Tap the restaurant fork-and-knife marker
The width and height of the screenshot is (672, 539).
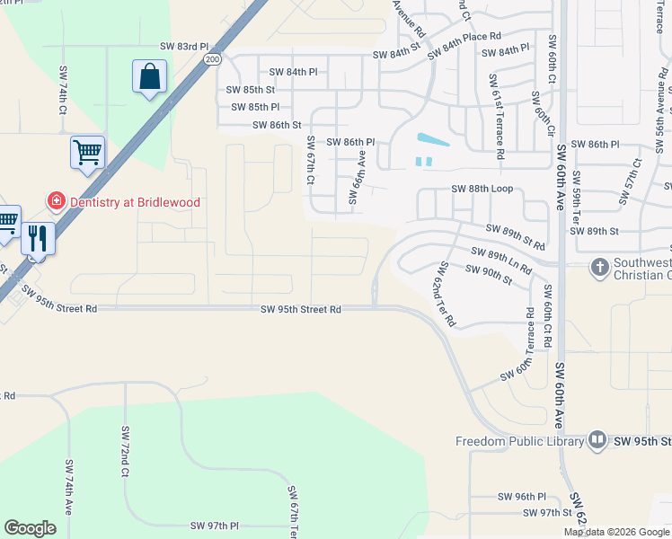[38, 238]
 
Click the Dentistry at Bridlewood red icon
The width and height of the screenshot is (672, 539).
[56, 202]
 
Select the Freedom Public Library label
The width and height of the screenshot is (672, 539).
[519, 441]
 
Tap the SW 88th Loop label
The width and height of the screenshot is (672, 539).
[482, 189]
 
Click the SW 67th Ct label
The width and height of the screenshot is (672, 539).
[311, 161]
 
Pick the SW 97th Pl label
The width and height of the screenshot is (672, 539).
[209, 525]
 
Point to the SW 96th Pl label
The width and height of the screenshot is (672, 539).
[520, 496]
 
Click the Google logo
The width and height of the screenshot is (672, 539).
[31, 528]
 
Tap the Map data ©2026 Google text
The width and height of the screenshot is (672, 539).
[616, 532]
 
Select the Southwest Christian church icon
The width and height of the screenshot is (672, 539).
[599, 267]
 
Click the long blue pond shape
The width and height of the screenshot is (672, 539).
[433, 141]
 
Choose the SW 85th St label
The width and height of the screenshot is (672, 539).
[250, 90]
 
